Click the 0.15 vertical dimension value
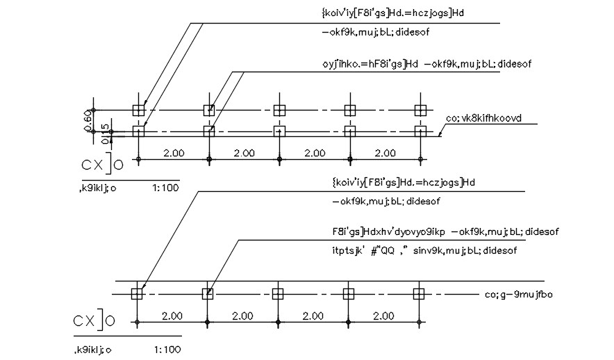105,134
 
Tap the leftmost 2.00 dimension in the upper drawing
174,153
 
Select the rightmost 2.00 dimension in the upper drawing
385,153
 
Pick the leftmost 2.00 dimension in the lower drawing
172,316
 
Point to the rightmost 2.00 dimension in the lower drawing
383,316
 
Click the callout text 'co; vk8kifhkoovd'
483,118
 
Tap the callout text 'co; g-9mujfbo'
518,295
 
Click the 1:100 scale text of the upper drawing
165,188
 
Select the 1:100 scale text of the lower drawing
167,350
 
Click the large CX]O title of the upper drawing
102,164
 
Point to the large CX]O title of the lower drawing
94,320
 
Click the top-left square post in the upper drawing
139,110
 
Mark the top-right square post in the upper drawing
420,110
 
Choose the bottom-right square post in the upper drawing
420,131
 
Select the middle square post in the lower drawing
278,293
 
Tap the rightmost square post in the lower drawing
419,293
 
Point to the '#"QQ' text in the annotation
383,250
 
